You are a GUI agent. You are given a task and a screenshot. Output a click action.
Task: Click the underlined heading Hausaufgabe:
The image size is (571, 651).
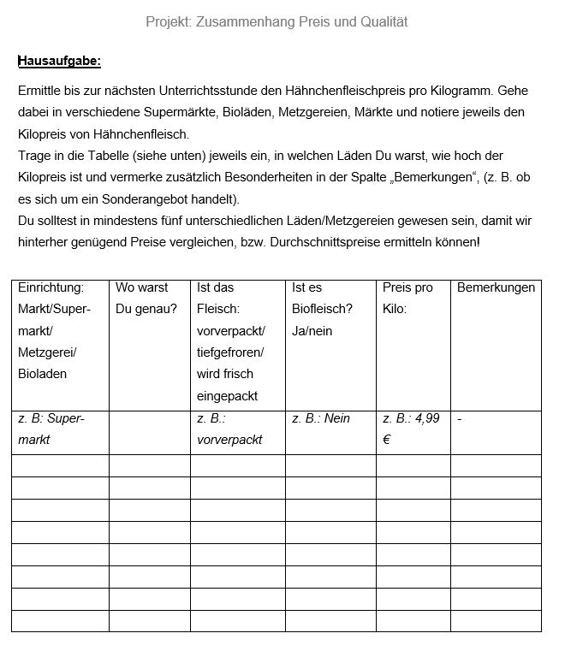tap(59, 61)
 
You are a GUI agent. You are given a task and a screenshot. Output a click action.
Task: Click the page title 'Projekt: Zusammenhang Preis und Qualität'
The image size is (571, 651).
tap(277, 21)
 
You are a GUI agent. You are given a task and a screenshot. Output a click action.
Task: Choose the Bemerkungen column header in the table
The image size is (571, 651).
tap(496, 287)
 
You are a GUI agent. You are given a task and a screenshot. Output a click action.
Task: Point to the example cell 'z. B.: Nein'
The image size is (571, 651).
tap(321, 418)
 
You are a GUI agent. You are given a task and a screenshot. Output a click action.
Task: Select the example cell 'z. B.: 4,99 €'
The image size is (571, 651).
tap(411, 429)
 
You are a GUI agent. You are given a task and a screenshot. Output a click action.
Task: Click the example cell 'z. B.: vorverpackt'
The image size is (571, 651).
tap(229, 429)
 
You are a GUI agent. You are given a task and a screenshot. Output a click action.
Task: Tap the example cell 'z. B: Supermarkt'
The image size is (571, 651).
tap(51, 429)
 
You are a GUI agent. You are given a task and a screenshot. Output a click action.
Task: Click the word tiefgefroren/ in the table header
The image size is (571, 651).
tap(230, 352)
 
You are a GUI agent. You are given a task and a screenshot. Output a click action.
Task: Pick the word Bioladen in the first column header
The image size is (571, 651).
tap(42, 374)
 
